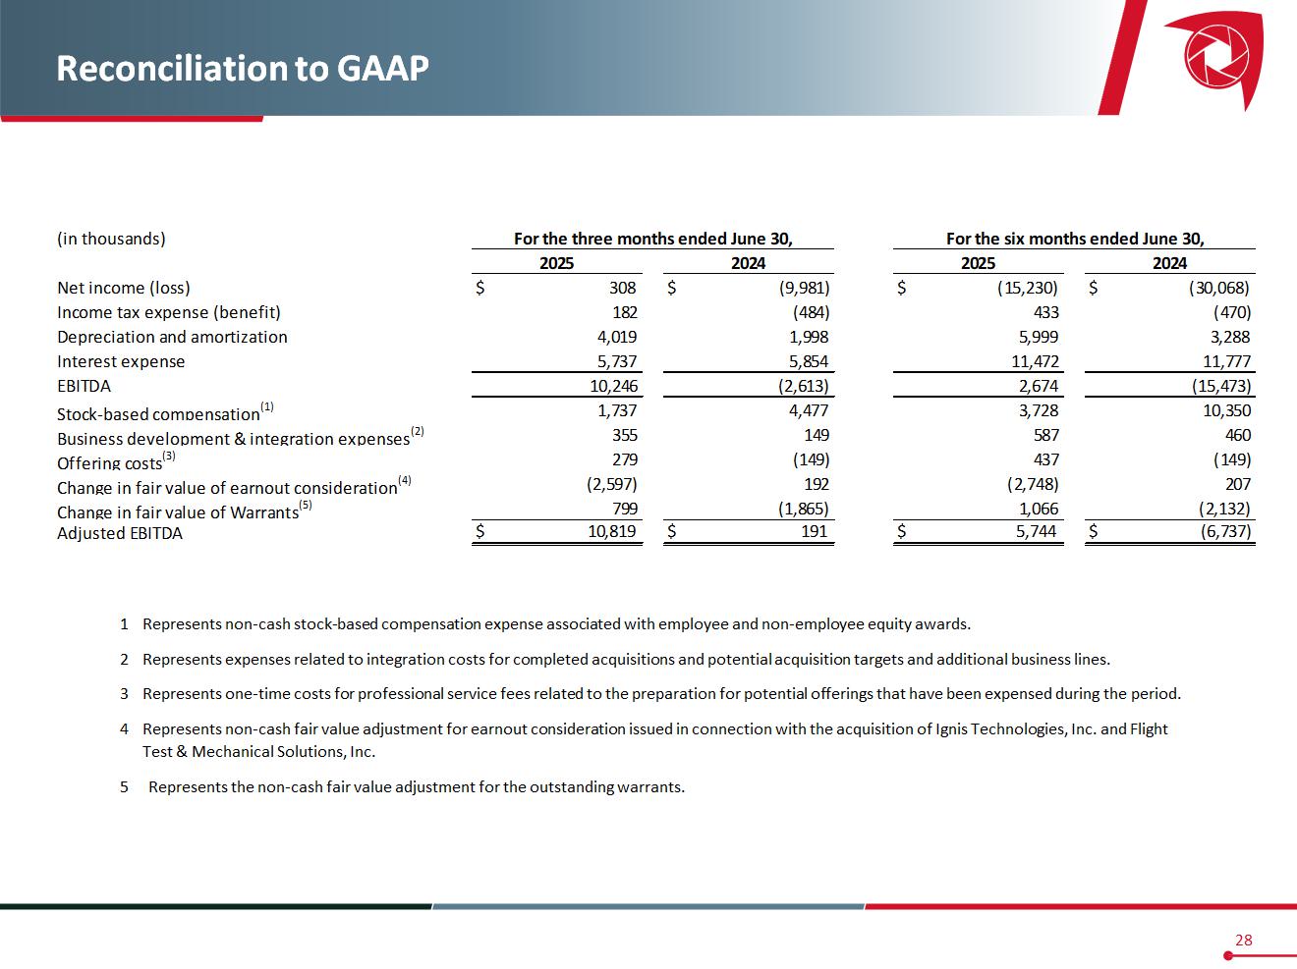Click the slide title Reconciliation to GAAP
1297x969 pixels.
coord(243,68)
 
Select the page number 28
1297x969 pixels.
coord(1243,940)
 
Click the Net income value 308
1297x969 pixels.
coord(623,288)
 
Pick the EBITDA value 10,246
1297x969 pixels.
coord(613,386)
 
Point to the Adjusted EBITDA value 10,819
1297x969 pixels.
coord(613,532)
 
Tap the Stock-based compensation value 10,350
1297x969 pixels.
coord(1226,410)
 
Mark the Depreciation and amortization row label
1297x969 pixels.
coord(172,337)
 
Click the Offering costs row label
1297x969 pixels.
coord(109,462)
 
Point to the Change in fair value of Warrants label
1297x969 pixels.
coord(177,511)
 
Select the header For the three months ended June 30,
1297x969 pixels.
coord(653,239)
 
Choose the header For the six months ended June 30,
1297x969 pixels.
coord(1075,239)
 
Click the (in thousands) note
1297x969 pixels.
coord(111,239)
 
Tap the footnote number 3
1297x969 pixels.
coord(125,693)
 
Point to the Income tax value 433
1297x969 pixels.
coord(1045,312)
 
